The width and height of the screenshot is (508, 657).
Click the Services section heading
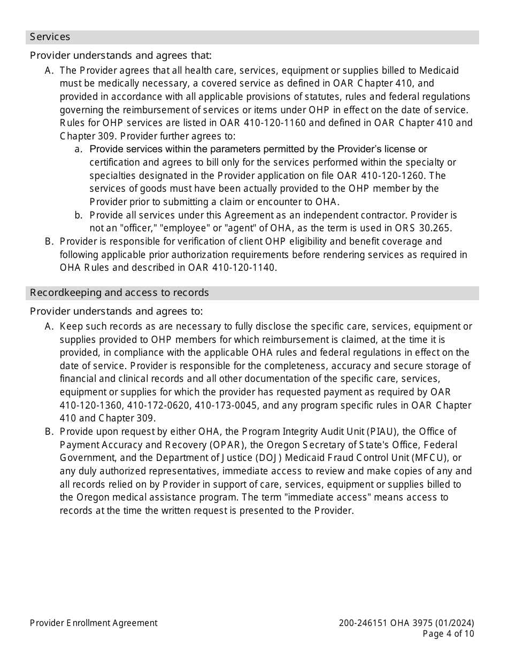[x=50, y=37]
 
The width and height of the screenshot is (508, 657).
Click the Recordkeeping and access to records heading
[x=119, y=293]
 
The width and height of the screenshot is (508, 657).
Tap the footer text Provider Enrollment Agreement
[x=94, y=623]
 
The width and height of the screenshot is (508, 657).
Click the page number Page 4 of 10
[x=448, y=634]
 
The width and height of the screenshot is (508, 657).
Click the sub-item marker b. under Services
[x=78, y=215]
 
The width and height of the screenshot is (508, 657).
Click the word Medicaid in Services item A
[x=439, y=71]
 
